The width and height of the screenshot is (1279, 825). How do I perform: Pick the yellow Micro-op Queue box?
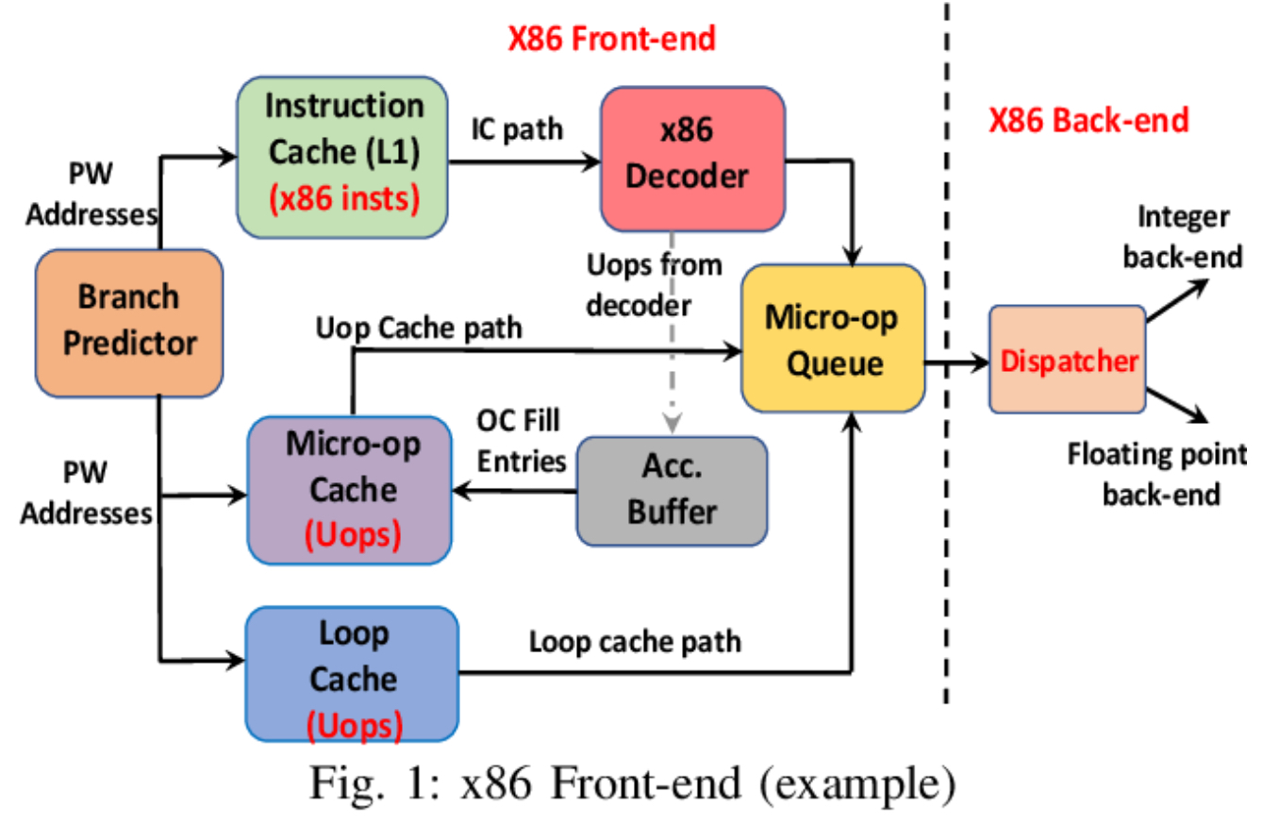[x=831, y=337]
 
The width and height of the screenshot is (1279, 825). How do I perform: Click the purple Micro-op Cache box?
[x=350, y=490]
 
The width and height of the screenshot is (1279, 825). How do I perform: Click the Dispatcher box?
[x=1067, y=360]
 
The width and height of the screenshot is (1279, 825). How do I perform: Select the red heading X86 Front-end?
[x=613, y=39]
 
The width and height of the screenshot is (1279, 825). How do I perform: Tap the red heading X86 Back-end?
[x=1088, y=121]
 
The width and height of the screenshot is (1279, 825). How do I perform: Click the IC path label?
[x=517, y=129]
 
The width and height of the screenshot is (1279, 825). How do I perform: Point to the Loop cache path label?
[x=635, y=642]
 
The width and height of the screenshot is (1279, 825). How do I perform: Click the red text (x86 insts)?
[x=343, y=201]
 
